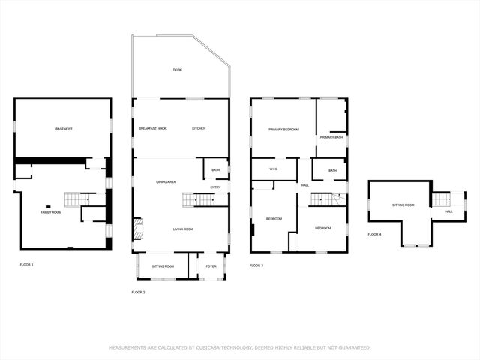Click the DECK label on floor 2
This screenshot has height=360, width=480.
click(x=177, y=70)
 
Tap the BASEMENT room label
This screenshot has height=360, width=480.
click(x=64, y=129)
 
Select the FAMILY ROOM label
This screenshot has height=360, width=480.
click(x=51, y=212)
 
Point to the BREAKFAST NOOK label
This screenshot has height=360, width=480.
click(x=152, y=128)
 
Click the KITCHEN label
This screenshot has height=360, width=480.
click(x=199, y=128)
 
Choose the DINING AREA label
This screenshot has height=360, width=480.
click(x=166, y=182)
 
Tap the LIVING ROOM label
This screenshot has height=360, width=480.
click(x=183, y=229)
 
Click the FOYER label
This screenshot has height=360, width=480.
click(x=211, y=266)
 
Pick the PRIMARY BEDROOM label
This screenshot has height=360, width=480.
click(x=284, y=130)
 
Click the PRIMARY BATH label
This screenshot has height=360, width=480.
click(x=331, y=137)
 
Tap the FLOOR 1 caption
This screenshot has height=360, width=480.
click(x=26, y=265)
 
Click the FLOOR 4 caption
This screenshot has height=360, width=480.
click(x=374, y=235)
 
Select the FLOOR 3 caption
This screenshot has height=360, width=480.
click(x=256, y=265)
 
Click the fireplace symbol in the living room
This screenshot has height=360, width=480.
click(x=137, y=229)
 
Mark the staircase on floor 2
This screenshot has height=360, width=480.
click(x=199, y=199)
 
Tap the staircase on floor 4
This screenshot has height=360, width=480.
click(x=442, y=199)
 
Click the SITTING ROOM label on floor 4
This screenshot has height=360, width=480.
click(x=403, y=205)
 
